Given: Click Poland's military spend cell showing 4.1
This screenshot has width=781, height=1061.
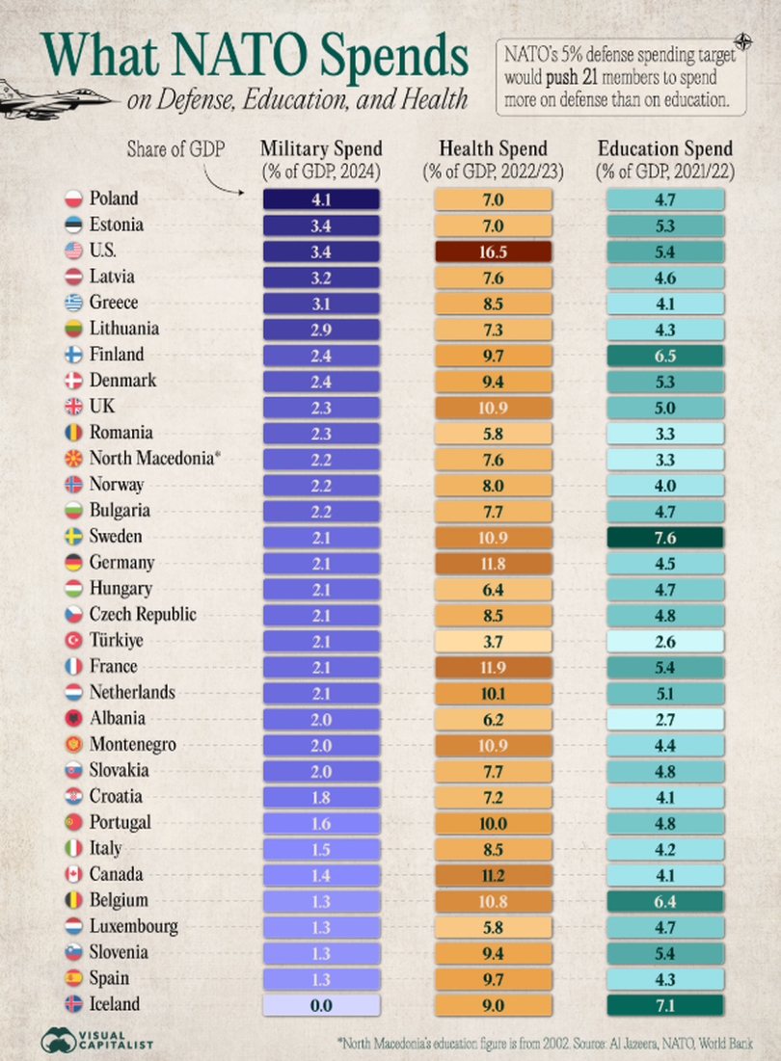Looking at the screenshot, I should pos(321,199).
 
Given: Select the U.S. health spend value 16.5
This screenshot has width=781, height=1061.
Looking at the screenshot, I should pos(493,252).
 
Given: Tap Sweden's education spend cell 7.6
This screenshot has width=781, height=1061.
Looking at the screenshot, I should pos(665,537).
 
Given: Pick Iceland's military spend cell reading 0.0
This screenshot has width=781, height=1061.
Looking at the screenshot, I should pos(321,1005).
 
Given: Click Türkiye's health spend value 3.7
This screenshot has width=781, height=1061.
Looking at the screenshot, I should pos(493,641).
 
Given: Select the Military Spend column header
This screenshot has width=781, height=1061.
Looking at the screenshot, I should pos(321,149).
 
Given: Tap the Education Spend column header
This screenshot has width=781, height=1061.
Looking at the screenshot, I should pos(665,149).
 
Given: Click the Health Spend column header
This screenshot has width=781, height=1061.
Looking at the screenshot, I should pos(493,149).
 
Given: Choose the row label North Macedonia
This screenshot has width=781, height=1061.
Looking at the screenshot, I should pos(150,459).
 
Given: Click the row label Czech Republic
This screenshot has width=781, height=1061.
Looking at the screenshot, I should pos(143,615).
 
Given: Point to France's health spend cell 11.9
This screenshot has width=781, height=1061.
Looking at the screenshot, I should pos(493,667).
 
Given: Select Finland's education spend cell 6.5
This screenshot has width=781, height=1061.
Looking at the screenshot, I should pos(665,355).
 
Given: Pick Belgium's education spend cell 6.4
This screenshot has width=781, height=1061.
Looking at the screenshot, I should pos(665,901).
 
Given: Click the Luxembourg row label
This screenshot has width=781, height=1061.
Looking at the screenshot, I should pos(134,927).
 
